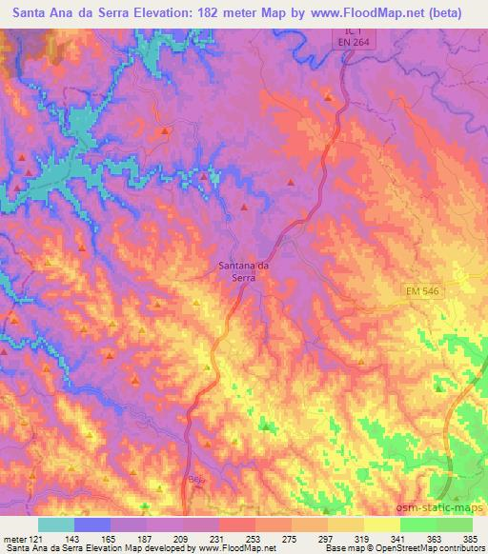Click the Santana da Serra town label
point(243,274)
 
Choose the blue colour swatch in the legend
point(91,524)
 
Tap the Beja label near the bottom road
point(196,480)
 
